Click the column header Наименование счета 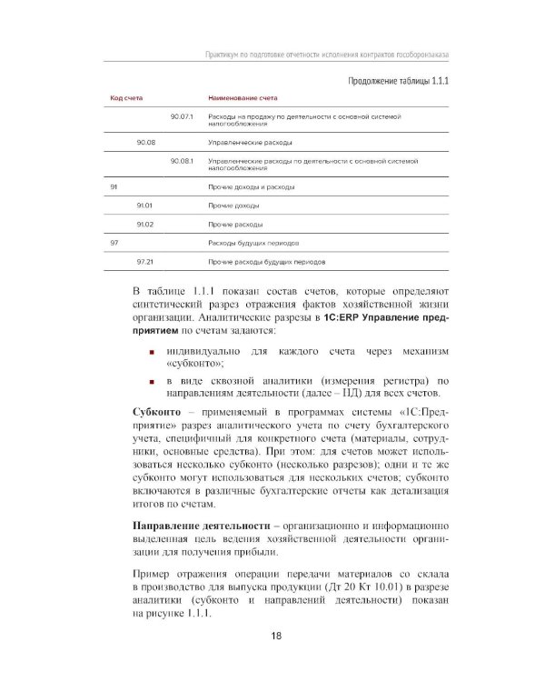tap(243, 96)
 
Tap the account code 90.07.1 tap(183, 117)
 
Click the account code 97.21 tap(144, 261)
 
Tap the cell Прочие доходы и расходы tap(251, 186)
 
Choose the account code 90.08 tap(145, 143)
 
